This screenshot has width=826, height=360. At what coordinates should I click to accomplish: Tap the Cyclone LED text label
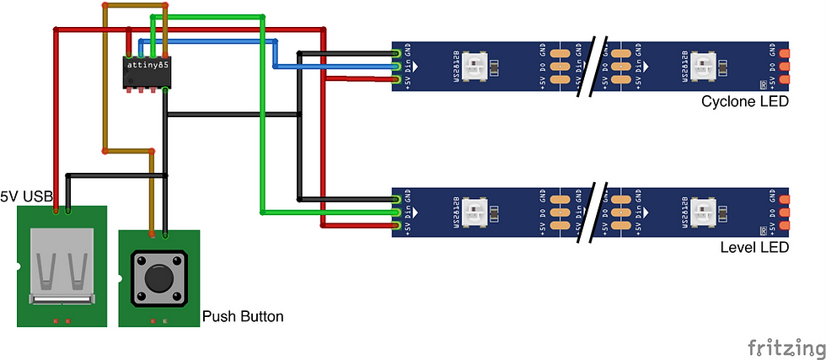coord(744,102)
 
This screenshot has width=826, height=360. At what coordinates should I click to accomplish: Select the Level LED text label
coord(754,247)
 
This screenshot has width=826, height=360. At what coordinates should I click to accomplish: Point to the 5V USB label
coord(26,196)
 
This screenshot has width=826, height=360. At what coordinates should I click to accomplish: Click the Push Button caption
coord(243,317)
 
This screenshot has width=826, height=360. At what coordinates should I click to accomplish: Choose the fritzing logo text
coord(785,347)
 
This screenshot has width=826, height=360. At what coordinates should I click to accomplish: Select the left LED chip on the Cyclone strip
coord(477,66)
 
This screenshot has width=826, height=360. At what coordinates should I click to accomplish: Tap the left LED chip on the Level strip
coord(477,211)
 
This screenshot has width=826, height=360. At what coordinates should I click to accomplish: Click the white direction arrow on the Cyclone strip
coord(416,66)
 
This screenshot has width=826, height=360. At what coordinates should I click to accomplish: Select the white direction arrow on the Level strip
coord(416,211)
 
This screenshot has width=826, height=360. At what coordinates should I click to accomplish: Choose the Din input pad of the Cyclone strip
coord(397,66)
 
